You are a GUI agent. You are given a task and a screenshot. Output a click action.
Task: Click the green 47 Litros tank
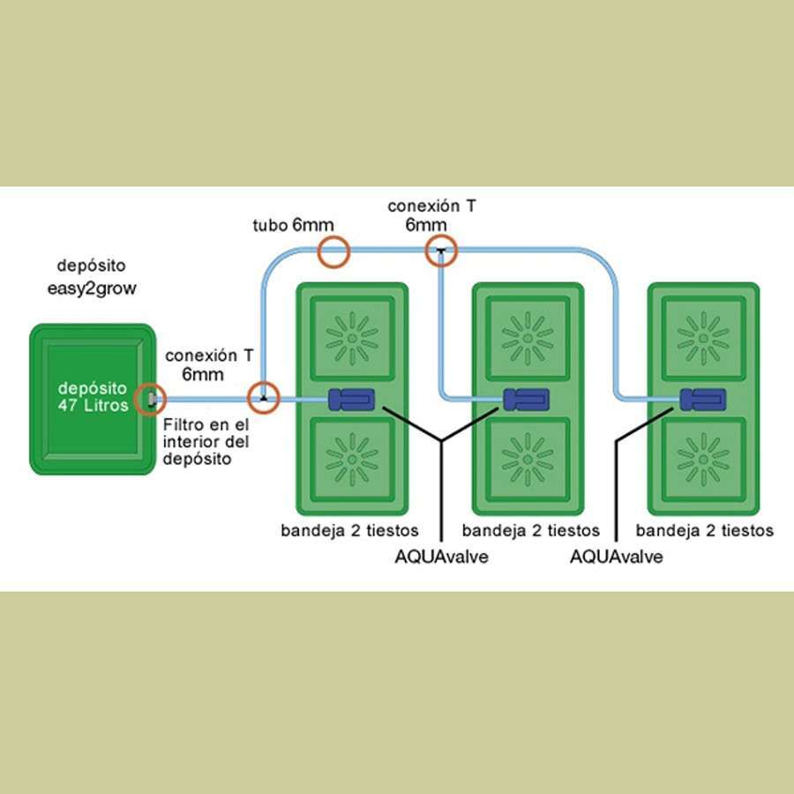[x=93, y=399]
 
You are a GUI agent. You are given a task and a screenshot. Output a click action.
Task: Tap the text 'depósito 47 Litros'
[x=93, y=396]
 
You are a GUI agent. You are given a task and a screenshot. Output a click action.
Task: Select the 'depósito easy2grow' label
[x=92, y=277]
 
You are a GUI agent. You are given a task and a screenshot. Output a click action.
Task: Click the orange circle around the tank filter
[x=150, y=399]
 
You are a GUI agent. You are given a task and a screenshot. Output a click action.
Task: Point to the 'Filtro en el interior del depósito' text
[x=206, y=442]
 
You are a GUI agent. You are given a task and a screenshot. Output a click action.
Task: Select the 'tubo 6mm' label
[x=293, y=225]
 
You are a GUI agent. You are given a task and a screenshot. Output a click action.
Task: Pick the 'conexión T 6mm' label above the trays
[x=431, y=215]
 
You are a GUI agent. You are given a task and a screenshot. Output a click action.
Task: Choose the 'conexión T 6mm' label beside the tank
[x=208, y=364]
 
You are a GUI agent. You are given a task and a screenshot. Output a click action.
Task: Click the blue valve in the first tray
[x=351, y=400]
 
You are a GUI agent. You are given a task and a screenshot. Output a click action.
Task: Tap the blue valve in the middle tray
[x=526, y=400]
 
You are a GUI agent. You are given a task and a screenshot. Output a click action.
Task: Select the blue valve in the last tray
[x=702, y=400]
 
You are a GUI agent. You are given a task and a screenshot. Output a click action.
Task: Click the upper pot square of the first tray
[x=352, y=338]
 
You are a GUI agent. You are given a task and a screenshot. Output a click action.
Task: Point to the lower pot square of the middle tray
[x=528, y=460]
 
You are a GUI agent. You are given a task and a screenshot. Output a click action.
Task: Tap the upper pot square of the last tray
[x=703, y=338]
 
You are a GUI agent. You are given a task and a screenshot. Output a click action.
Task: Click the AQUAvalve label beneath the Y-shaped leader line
[x=442, y=557]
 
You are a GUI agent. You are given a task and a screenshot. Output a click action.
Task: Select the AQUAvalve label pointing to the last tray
[x=617, y=557]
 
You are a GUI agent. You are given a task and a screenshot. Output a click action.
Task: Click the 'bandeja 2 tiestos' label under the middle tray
[x=531, y=531]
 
